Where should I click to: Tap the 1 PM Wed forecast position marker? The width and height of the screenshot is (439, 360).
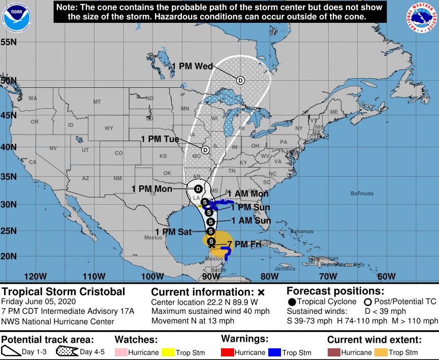click(x=240, y=80)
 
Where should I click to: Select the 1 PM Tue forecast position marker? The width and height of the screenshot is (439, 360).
click(x=205, y=150)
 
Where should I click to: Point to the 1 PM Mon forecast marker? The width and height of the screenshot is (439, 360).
click(x=199, y=188)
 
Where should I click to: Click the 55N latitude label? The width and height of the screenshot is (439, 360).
click(x=9, y=42)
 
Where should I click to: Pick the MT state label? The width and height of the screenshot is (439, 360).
click(x=97, y=102)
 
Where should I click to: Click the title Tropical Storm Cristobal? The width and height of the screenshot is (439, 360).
click(x=64, y=292)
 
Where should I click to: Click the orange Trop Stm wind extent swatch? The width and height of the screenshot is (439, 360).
click(x=380, y=352)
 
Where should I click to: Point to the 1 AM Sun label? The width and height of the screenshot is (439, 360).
click(x=251, y=221)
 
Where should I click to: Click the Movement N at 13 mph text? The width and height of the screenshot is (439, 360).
click(x=193, y=320)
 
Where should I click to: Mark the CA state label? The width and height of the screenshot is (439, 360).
click(x=32, y=162)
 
